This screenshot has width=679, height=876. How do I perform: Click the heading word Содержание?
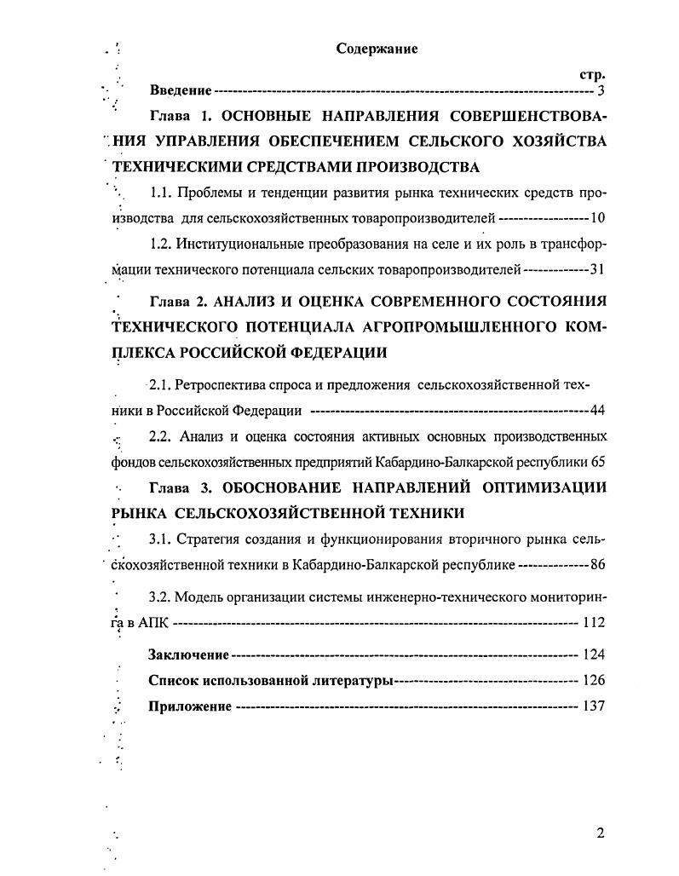coord(377,49)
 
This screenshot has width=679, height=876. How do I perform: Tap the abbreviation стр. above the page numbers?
coord(592,74)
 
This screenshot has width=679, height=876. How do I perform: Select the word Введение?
coord(181,90)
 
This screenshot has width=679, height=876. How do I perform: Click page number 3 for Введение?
coord(601,90)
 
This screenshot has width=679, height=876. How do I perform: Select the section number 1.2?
coord(161,245)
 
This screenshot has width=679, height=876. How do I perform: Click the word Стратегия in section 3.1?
coord(210,539)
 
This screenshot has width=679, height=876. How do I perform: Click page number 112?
coord(594,623)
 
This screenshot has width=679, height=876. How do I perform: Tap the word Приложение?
coord(190,706)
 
